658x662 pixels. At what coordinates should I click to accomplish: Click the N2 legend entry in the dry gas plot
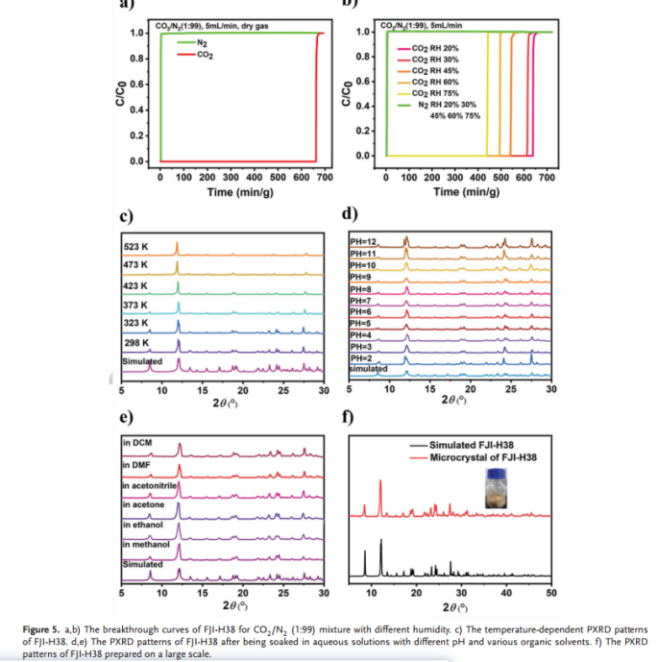click(201, 43)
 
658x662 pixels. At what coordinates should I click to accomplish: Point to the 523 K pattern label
click(135, 244)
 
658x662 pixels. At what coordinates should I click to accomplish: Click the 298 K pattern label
click(135, 341)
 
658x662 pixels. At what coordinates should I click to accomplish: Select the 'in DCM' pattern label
click(138, 444)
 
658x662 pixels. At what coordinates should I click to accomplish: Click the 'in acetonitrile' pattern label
click(151, 486)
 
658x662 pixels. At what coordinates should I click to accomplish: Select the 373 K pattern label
click(135, 304)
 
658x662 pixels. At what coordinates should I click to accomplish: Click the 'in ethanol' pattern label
click(143, 525)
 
